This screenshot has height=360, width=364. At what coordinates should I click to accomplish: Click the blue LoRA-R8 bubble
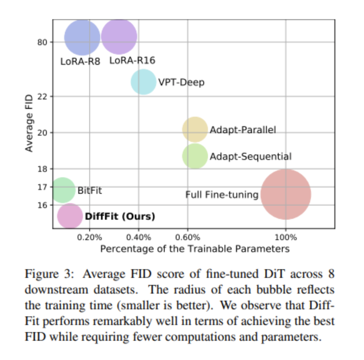click(x=82, y=38)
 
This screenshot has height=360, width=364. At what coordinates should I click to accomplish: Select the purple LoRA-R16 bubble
click(x=119, y=36)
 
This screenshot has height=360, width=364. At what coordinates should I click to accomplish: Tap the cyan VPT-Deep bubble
click(x=143, y=82)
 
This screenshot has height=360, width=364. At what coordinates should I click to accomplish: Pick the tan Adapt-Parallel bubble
click(x=195, y=129)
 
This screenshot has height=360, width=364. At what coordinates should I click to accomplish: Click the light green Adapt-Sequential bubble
click(x=195, y=156)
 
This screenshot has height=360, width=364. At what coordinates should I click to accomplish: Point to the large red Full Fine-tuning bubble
click(x=286, y=194)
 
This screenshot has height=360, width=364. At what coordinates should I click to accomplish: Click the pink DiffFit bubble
click(x=70, y=216)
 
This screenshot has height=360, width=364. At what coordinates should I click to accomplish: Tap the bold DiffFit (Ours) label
click(x=120, y=217)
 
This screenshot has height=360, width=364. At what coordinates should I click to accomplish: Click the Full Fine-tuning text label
click(x=222, y=195)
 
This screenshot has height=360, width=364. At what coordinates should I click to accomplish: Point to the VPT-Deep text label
click(x=181, y=83)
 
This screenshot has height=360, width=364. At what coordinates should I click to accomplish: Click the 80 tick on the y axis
click(x=42, y=42)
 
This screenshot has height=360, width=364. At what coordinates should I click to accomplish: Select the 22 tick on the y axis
click(x=42, y=96)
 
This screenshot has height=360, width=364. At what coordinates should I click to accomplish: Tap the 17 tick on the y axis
click(x=42, y=187)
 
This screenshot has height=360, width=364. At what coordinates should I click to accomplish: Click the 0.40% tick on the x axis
click(x=138, y=237)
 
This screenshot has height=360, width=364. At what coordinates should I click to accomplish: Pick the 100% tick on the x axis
click(x=286, y=237)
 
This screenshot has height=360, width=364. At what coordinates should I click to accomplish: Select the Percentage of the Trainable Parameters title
click(x=195, y=249)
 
